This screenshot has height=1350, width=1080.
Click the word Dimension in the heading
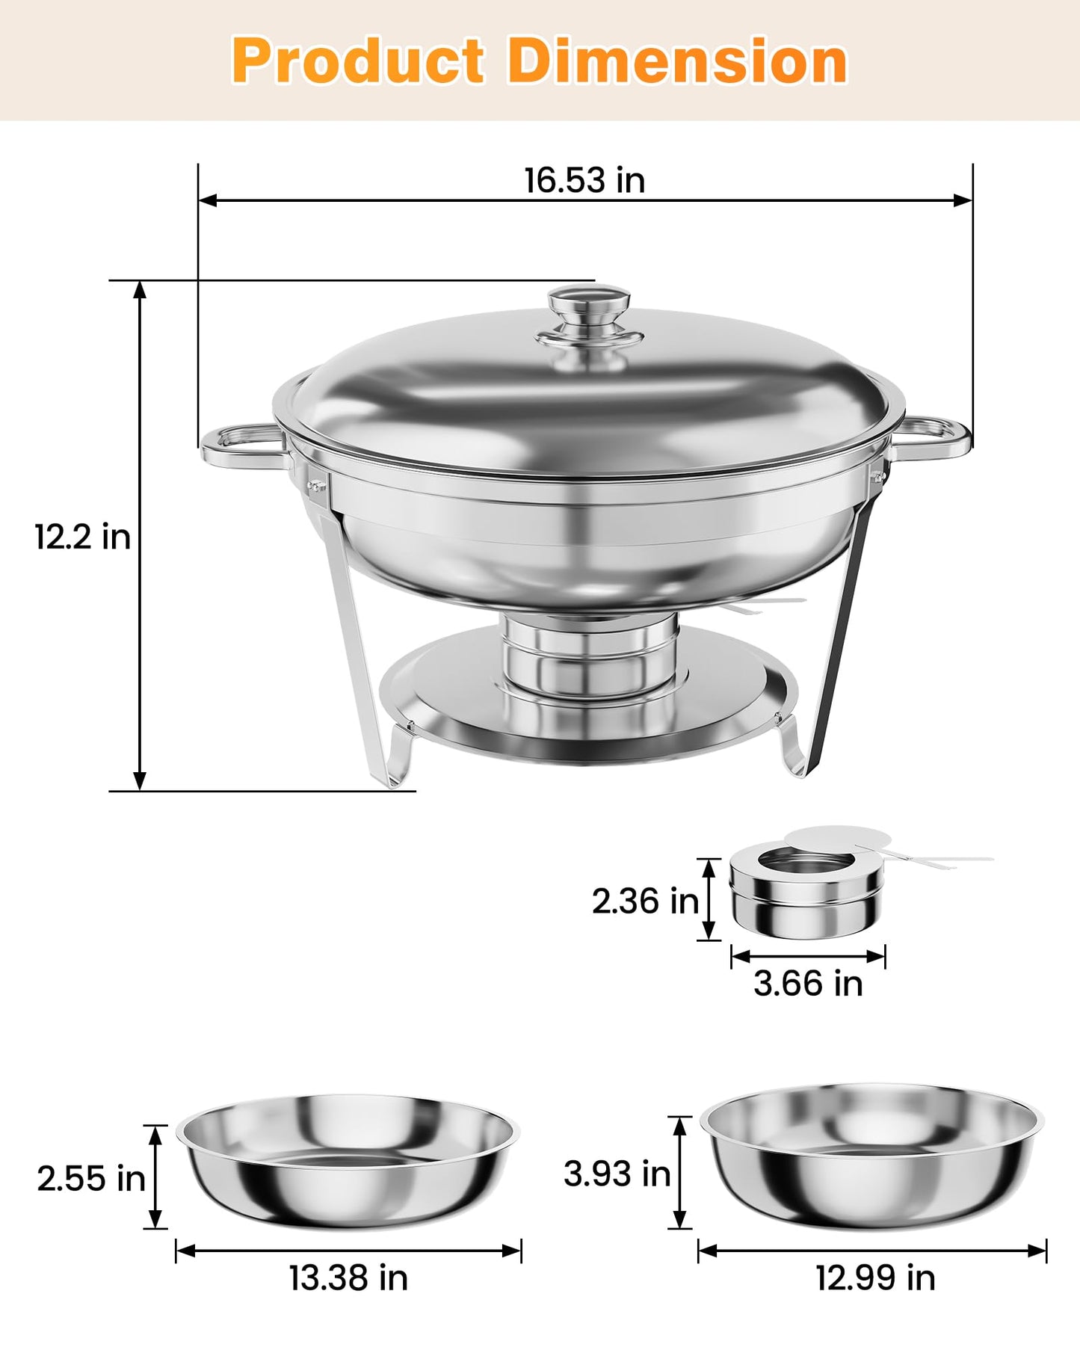click(x=677, y=61)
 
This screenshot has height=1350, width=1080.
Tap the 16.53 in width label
click(x=584, y=180)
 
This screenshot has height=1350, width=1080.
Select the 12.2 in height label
click(x=82, y=537)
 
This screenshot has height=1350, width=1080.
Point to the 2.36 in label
click(x=644, y=901)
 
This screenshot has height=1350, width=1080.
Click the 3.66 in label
click(x=807, y=983)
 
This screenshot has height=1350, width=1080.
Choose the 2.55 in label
click(x=90, y=1179)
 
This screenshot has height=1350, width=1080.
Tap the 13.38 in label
click(x=348, y=1277)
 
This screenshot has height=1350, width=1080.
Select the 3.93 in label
click(x=617, y=1174)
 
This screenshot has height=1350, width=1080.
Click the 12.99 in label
click(x=874, y=1277)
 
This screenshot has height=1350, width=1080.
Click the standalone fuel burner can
click(x=806, y=893)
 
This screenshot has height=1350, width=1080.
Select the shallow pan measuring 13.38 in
click(x=348, y=1162)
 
